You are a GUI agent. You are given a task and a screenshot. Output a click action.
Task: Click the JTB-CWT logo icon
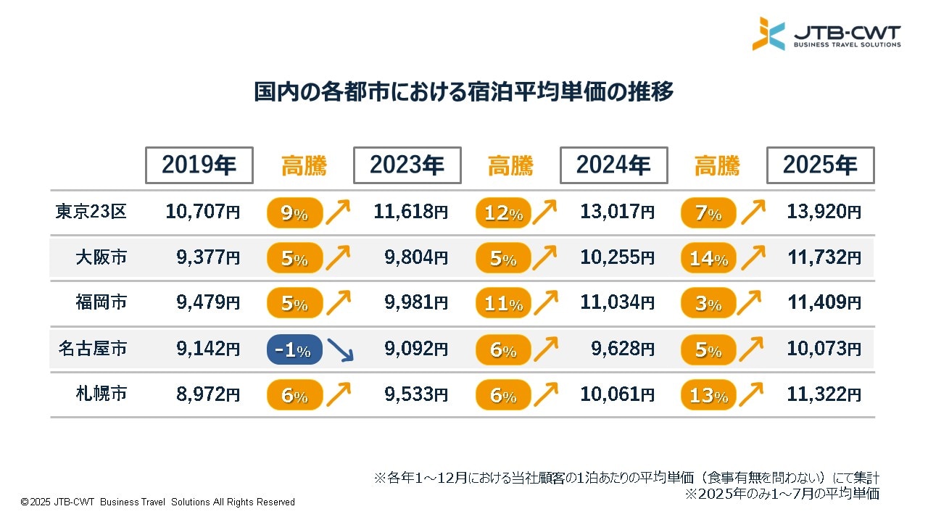pos(768,34)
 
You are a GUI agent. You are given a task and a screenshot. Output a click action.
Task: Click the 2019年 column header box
pos(199,165)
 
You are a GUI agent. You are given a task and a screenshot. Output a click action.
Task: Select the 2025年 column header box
pos(821,165)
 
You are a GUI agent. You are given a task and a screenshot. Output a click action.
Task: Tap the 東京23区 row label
pos(91,212)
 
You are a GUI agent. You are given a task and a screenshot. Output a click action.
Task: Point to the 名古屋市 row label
pos(93,349)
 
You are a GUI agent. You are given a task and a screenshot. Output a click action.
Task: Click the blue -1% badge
pos(294,350)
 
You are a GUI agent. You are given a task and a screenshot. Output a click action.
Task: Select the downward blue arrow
pos(339,349)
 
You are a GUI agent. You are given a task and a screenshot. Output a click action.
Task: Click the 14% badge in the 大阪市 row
pos(708,258)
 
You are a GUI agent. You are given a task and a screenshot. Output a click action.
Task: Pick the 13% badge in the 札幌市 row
pos(708,395)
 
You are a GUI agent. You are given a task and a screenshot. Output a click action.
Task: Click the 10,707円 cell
pos(202,212)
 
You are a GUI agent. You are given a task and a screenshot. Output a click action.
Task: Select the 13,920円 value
pos(824,212)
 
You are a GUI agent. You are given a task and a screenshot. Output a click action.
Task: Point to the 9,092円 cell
pos(415,349)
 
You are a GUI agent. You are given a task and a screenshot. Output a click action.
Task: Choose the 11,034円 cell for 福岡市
pos(617,303)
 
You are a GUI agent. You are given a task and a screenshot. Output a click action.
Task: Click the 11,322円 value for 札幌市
pos(824,395)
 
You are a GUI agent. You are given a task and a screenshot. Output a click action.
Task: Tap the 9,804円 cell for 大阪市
pos(415,258)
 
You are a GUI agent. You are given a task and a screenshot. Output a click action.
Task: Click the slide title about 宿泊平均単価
pos(464,93)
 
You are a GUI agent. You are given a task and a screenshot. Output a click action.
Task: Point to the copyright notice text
pos(158,502)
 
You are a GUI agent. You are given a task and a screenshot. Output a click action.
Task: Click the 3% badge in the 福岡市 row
pos(708,304)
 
